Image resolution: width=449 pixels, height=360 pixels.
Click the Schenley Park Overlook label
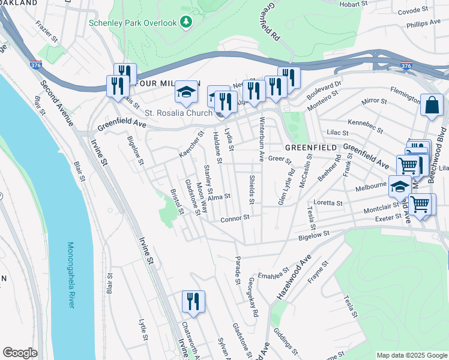[133, 23]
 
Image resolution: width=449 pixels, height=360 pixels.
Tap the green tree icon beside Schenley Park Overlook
[186, 23]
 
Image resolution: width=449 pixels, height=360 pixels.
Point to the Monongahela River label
[70, 275]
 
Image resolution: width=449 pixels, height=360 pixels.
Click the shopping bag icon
[432, 107]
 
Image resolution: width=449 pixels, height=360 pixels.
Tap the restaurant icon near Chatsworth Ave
[193, 302]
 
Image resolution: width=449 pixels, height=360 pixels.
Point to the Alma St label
[219, 196]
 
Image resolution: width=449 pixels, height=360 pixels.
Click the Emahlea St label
[270, 275]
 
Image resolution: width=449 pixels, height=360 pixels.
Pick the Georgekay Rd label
[250, 300]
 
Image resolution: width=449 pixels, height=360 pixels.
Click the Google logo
[20, 353]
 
